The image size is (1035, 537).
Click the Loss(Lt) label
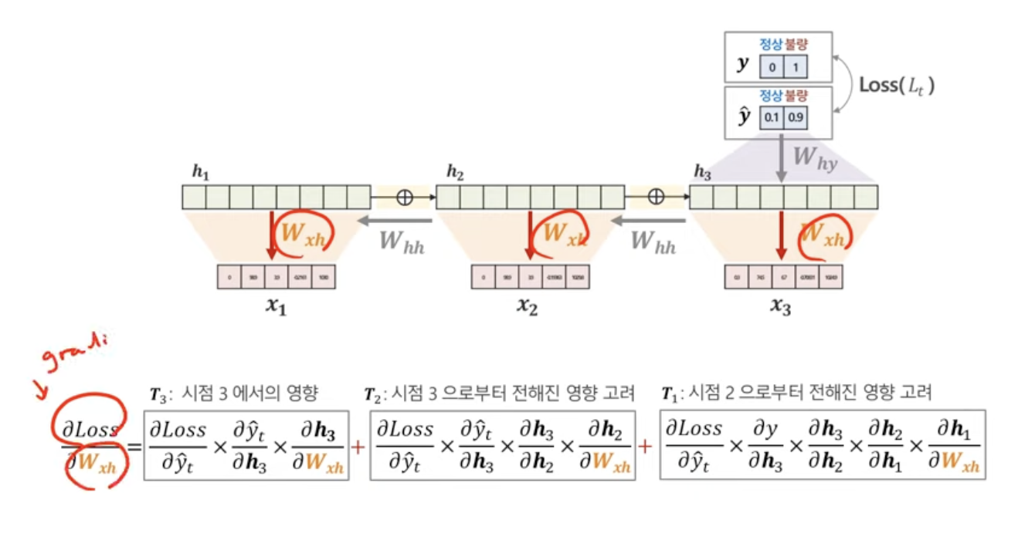(897, 85)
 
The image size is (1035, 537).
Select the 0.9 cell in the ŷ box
(796, 118)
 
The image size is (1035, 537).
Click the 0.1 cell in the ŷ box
(772, 118)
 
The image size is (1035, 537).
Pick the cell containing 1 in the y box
(796, 66)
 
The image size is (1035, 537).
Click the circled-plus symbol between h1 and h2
(404, 197)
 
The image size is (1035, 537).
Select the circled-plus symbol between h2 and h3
(656, 197)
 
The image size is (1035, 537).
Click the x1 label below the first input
(277, 305)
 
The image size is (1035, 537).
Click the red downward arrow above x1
(271, 236)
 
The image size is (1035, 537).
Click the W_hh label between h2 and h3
(653, 242)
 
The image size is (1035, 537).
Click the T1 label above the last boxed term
(669, 394)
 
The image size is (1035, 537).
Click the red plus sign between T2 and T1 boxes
(646, 447)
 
